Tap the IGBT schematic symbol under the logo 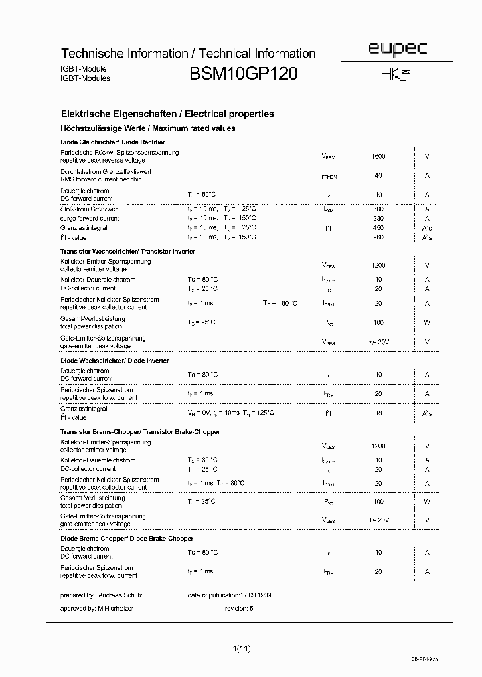coord(396,74)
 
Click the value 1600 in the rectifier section coord(378,156)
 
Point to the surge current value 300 coord(378,209)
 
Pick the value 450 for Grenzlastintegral coord(378,227)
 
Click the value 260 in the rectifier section coord(378,237)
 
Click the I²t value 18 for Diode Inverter coord(379,413)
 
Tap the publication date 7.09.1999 coord(257,595)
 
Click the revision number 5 coord(252,609)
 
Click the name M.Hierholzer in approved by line coord(116,609)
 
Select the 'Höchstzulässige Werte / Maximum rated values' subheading coord(148,128)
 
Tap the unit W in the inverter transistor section coord(427,323)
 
